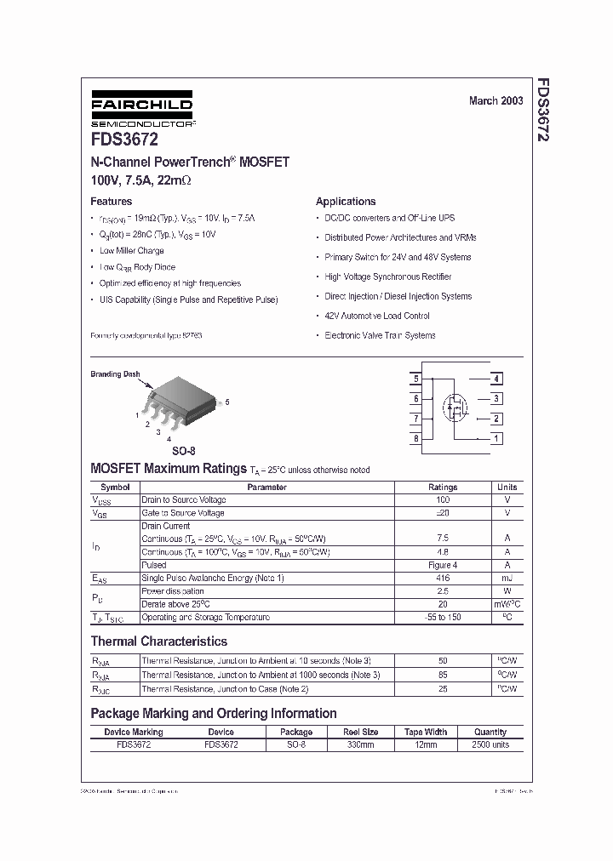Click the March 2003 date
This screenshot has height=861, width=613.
pos(496,100)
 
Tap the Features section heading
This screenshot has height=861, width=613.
pos(112,202)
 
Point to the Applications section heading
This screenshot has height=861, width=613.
pos(346,202)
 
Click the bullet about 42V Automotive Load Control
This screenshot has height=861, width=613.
pos(377,316)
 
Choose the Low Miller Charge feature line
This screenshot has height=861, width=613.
pos(131,251)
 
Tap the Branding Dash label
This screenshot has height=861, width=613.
pos(115,374)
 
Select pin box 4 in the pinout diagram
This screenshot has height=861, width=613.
pos(496,379)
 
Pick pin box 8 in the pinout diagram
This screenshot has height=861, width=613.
pos(416,439)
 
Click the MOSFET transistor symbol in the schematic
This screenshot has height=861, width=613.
pos(455,408)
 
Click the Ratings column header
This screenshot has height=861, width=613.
pos(443,488)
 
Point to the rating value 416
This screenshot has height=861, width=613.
pos(443,579)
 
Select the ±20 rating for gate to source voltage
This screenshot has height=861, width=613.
pos(443,513)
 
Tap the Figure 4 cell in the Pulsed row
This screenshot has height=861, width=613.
pos(443,565)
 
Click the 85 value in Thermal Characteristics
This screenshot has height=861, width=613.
pos(443,675)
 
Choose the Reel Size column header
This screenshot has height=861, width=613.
pos(360,732)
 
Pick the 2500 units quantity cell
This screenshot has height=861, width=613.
pos(490,744)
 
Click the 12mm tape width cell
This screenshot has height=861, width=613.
pos(426,744)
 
